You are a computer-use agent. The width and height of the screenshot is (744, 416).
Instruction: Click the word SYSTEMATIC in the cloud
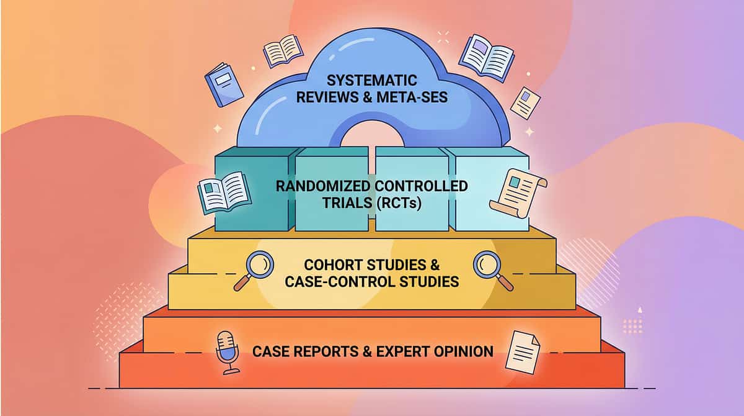[371, 80]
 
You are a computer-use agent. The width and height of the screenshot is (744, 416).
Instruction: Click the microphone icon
[227, 351]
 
